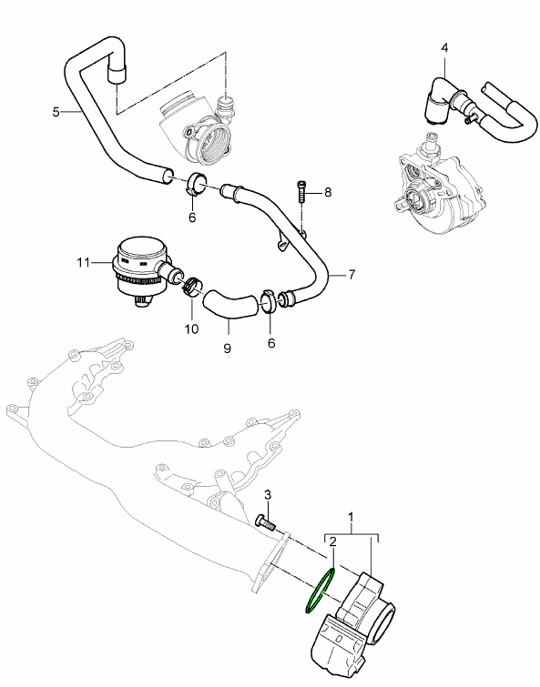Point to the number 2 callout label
[334, 541]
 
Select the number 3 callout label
[268, 494]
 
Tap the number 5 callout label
[56, 111]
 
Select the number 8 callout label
[328, 192]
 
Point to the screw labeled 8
[302, 194]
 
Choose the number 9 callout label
[227, 348]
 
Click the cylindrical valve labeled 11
[137, 268]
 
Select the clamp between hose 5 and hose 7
[197, 184]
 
